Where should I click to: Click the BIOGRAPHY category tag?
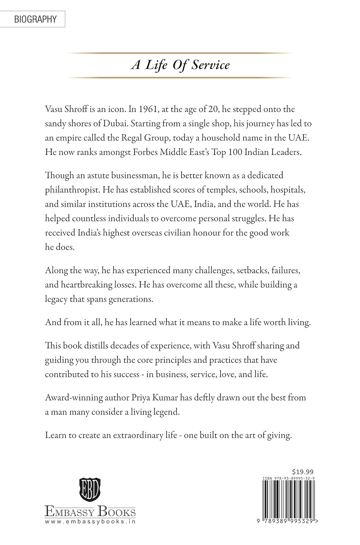pos(35,19)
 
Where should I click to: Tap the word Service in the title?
pos(211,65)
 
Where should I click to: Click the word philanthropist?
pos(72,190)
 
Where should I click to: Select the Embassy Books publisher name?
pos(90,512)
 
